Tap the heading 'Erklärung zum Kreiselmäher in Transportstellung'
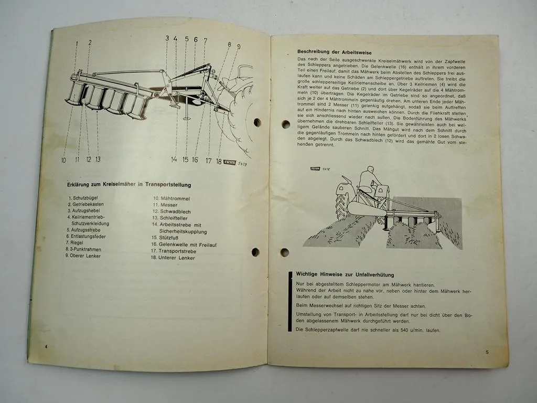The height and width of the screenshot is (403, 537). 129,185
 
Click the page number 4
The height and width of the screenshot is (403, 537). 46,347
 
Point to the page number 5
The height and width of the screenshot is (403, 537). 487,352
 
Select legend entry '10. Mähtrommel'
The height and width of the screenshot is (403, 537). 171,199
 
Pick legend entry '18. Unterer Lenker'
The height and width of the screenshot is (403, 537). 173,258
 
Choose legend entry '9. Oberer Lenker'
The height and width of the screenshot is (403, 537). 83,256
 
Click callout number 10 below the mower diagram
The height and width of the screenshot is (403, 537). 63,160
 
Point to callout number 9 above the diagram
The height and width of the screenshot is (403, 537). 239,47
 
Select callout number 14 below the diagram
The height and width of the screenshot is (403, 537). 174,160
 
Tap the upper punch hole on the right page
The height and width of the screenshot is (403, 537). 285,124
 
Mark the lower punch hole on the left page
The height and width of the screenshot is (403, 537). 255,252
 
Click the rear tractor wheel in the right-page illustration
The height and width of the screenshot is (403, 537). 342,206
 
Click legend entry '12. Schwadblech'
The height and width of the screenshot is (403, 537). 171,211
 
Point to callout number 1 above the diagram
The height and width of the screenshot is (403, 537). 77,43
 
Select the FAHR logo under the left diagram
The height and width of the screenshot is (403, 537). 229,162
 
